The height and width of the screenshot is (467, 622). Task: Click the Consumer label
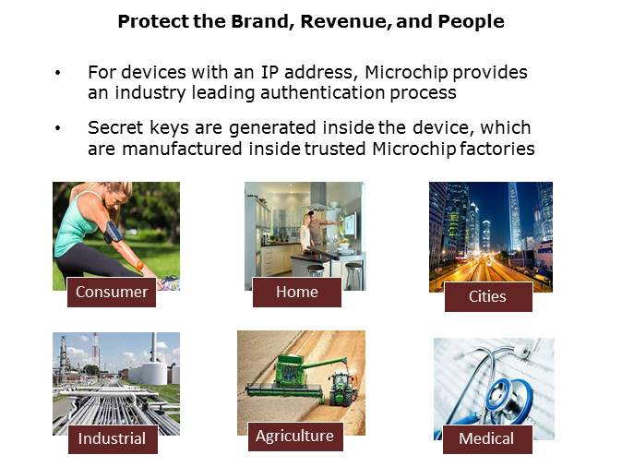pyautogui.click(x=112, y=292)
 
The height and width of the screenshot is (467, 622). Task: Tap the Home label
pyautogui.click(x=297, y=292)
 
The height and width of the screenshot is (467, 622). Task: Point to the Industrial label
pyautogui.click(x=112, y=438)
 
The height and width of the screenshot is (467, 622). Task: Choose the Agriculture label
pyautogui.click(x=295, y=436)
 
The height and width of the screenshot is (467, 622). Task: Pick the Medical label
pyautogui.click(x=486, y=438)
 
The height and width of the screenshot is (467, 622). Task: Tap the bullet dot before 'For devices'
pyautogui.click(x=58, y=72)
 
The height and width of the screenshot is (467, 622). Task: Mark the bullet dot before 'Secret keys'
pyautogui.click(x=58, y=128)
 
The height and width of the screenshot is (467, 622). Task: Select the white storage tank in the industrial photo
pyautogui.click(x=152, y=372)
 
